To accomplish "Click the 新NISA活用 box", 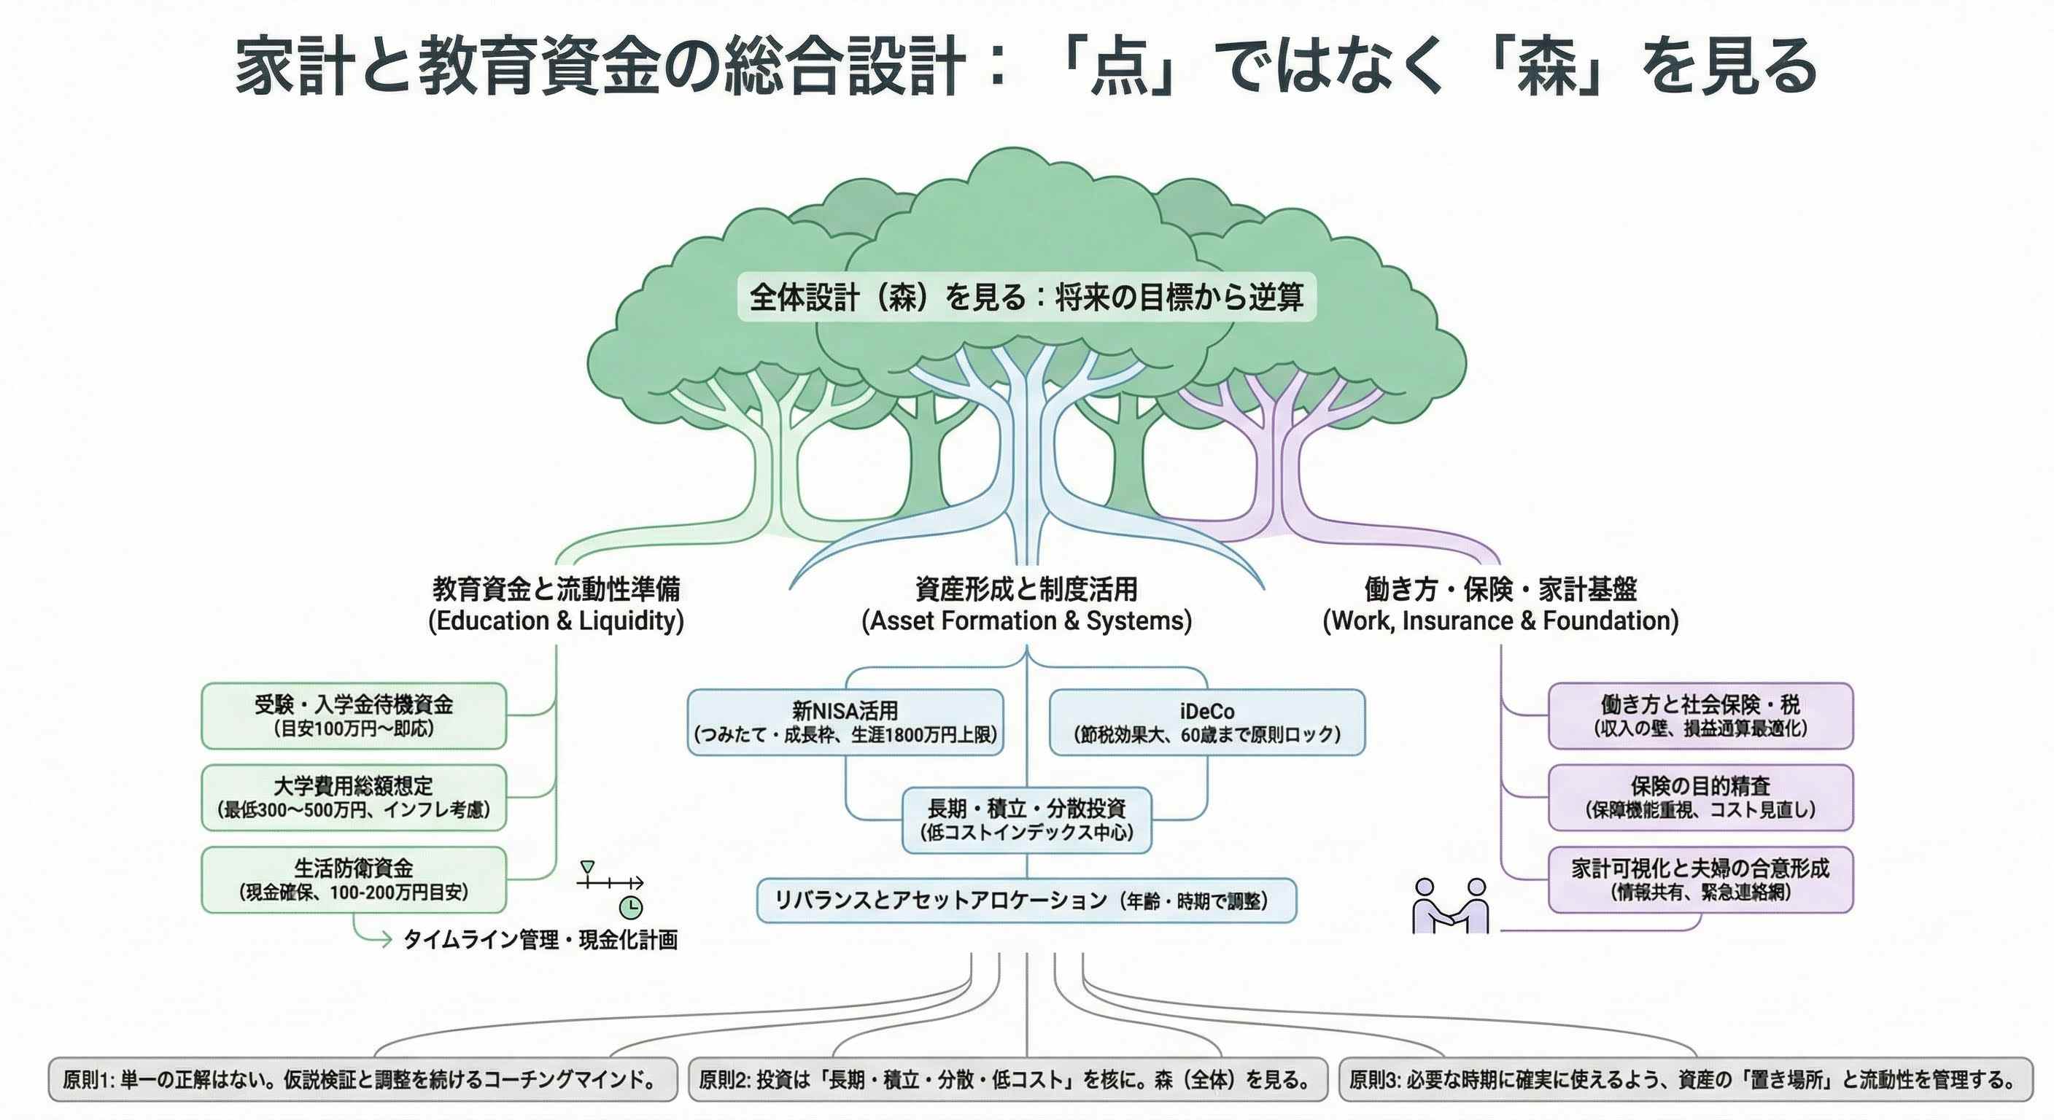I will click(x=845, y=722).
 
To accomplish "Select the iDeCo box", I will click(x=1206, y=722).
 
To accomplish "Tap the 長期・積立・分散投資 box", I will click(x=1026, y=820).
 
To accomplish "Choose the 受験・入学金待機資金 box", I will click(x=354, y=716).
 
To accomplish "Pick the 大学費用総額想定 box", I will click(x=354, y=798).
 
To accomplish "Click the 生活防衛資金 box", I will click(x=354, y=879).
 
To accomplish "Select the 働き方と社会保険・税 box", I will click(x=1700, y=716).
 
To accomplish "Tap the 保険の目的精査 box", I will click(x=1700, y=798).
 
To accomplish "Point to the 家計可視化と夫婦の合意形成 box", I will click(x=1700, y=879).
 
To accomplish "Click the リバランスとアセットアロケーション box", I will click(x=1026, y=901).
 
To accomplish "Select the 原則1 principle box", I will click(x=363, y=1080).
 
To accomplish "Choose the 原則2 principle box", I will click(x=1008, y=1080).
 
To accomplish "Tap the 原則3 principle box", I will click(x=1685, y=1080).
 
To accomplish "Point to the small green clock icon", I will click(x=630, y=907).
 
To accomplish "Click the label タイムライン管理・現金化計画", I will click(x=540, y=940).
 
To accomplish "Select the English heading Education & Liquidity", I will click(x=556, y=621).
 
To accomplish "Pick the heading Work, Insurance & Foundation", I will click(x=1500, y=621).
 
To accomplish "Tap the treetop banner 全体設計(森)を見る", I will click(x=1026, y=297).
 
